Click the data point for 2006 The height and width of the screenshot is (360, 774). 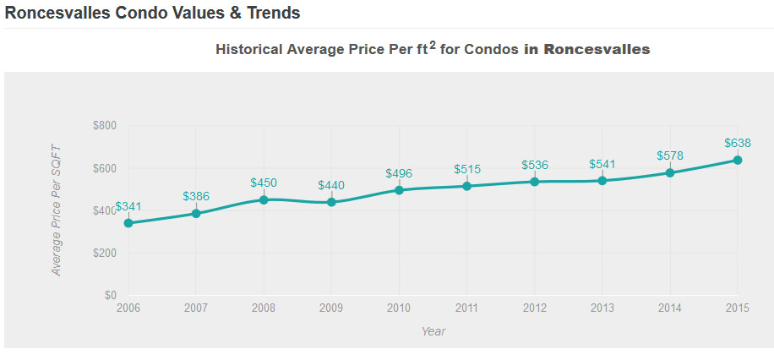coord(128,223)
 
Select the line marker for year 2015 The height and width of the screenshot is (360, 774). coord(738,160)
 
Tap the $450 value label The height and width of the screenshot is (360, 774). coord(264,183)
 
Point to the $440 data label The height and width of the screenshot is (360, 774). coord(331,185)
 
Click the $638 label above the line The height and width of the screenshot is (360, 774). coord(738,143)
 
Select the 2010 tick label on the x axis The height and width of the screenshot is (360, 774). coord(399,308)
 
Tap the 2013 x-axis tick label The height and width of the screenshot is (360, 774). coord(602,308)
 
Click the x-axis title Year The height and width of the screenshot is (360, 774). coord(433,331)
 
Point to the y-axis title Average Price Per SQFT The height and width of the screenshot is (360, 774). coord(57,210)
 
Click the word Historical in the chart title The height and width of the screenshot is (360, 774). coord(249,49)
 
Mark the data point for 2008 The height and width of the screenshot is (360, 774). coord(264,199)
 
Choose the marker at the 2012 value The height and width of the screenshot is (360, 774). coord(535,182)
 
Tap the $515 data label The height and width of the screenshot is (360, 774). coord(467,169)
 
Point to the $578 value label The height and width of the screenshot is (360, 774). coord(670,155)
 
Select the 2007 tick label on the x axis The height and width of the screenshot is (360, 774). coord(196,308)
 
